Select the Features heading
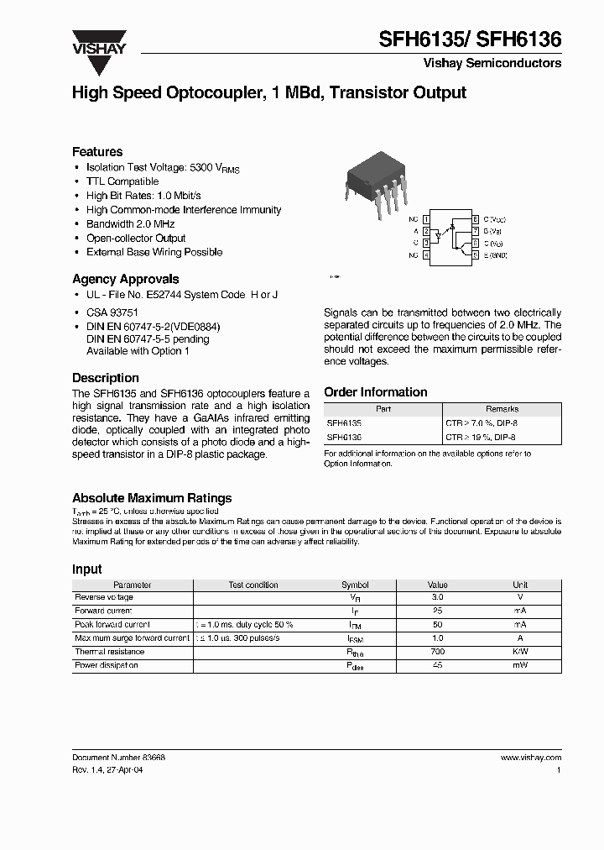(97, 152)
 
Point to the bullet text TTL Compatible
(122, 181)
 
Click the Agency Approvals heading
(125, 279)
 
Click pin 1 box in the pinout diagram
(426, 218)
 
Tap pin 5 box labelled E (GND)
(476, 254)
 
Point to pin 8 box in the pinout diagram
(476, 218)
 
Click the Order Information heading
(375, 392)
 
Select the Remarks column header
(502, 409)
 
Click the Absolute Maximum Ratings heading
(152, 498)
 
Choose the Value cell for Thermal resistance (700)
(438, 652)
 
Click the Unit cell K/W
(520, 652)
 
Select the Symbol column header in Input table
(355, 585)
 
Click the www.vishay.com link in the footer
(530, 758)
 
